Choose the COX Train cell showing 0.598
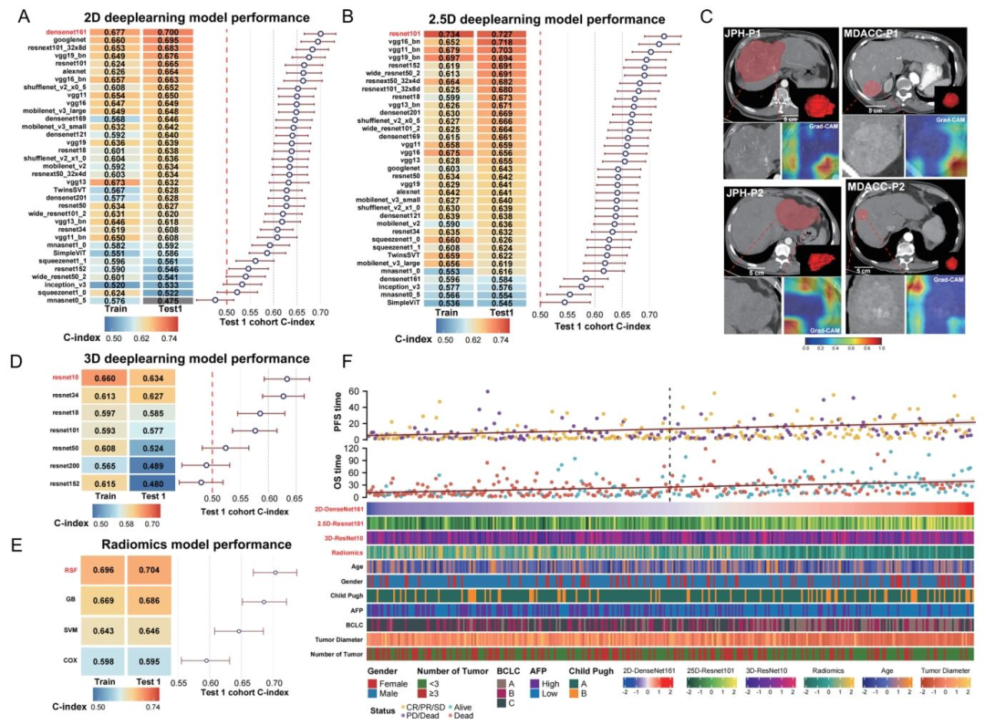click(100, 660)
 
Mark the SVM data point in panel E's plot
click(239, 630)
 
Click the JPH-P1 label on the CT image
click(742, 33)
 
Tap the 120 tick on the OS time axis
click(358, 451)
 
